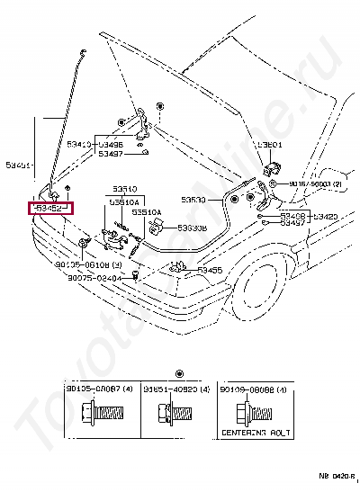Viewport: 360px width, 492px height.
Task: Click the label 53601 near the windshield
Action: (x=268, y=143)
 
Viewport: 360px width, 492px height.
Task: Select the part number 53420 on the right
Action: (x=324, y=217)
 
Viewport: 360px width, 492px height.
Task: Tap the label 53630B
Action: (x=192, y=228)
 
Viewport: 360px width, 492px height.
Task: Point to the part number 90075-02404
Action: (x=92, y=278)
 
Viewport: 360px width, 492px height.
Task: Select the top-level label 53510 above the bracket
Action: (x=124, y=190)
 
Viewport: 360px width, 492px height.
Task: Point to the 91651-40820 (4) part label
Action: (x=176, y=389)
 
